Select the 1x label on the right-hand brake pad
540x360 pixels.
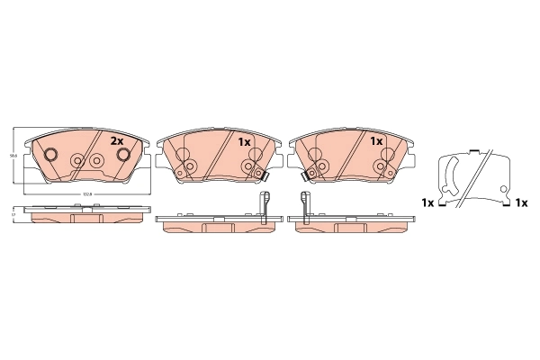coord(376,141)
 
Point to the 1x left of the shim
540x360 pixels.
coord(427,203)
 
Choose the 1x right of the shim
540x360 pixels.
coord(520,203)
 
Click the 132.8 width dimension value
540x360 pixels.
coord(87,194)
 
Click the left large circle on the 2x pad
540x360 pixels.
coord(52,155)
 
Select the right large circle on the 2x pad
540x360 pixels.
coord(124,155)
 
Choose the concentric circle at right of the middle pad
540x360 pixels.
coord(248,167)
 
